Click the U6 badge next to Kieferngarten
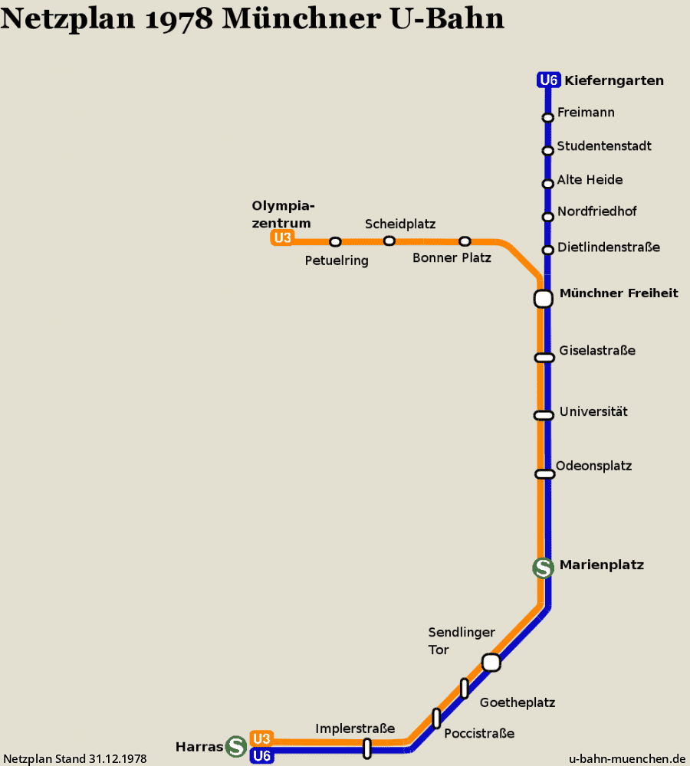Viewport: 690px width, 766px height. coord(549,80)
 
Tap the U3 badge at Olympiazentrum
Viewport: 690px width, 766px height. coord(283,238)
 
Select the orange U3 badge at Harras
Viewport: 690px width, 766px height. coord(261,738)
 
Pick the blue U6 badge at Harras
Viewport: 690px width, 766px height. coord(261,756)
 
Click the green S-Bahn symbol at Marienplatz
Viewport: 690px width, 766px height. coord(544,568)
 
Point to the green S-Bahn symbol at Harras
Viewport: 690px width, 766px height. coord(235,746)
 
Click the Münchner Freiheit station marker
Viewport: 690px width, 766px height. coord(544,299)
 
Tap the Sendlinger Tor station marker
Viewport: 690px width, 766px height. coord(491,663)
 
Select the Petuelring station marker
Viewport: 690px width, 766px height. coord(335,242)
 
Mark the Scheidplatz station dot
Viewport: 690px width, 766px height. coord(389,241)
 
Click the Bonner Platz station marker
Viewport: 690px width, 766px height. coord(465,241)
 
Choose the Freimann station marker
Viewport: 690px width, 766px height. coord(548,117)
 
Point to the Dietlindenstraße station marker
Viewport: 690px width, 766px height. coord(548,250)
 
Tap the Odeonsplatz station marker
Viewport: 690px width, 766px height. coord(545,474)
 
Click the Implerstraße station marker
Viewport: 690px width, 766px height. coord(367,748)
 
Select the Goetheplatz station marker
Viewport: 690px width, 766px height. coord(465,689)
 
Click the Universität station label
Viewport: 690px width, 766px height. coord(593,411)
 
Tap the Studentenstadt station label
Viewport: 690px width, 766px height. coord(604,146)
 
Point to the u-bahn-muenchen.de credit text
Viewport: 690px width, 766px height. coord(627,758)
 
